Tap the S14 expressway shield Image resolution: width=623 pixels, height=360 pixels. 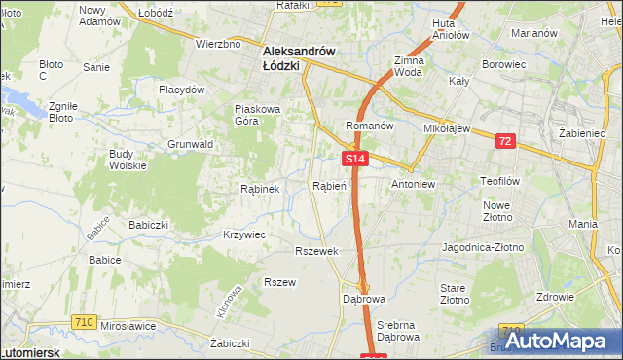point(354,158)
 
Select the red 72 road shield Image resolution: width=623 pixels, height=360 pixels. point(503,141)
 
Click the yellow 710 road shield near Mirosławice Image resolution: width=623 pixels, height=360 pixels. point(83,321)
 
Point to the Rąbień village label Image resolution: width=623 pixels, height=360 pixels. point(328,185)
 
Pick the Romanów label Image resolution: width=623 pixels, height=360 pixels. point(369,126)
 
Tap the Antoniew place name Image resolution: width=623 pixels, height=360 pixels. point(413,183)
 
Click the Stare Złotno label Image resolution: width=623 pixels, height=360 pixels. point(453,295)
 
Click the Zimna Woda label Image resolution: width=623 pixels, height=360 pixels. point(408,66)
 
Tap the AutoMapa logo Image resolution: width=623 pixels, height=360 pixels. point(551,342)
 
